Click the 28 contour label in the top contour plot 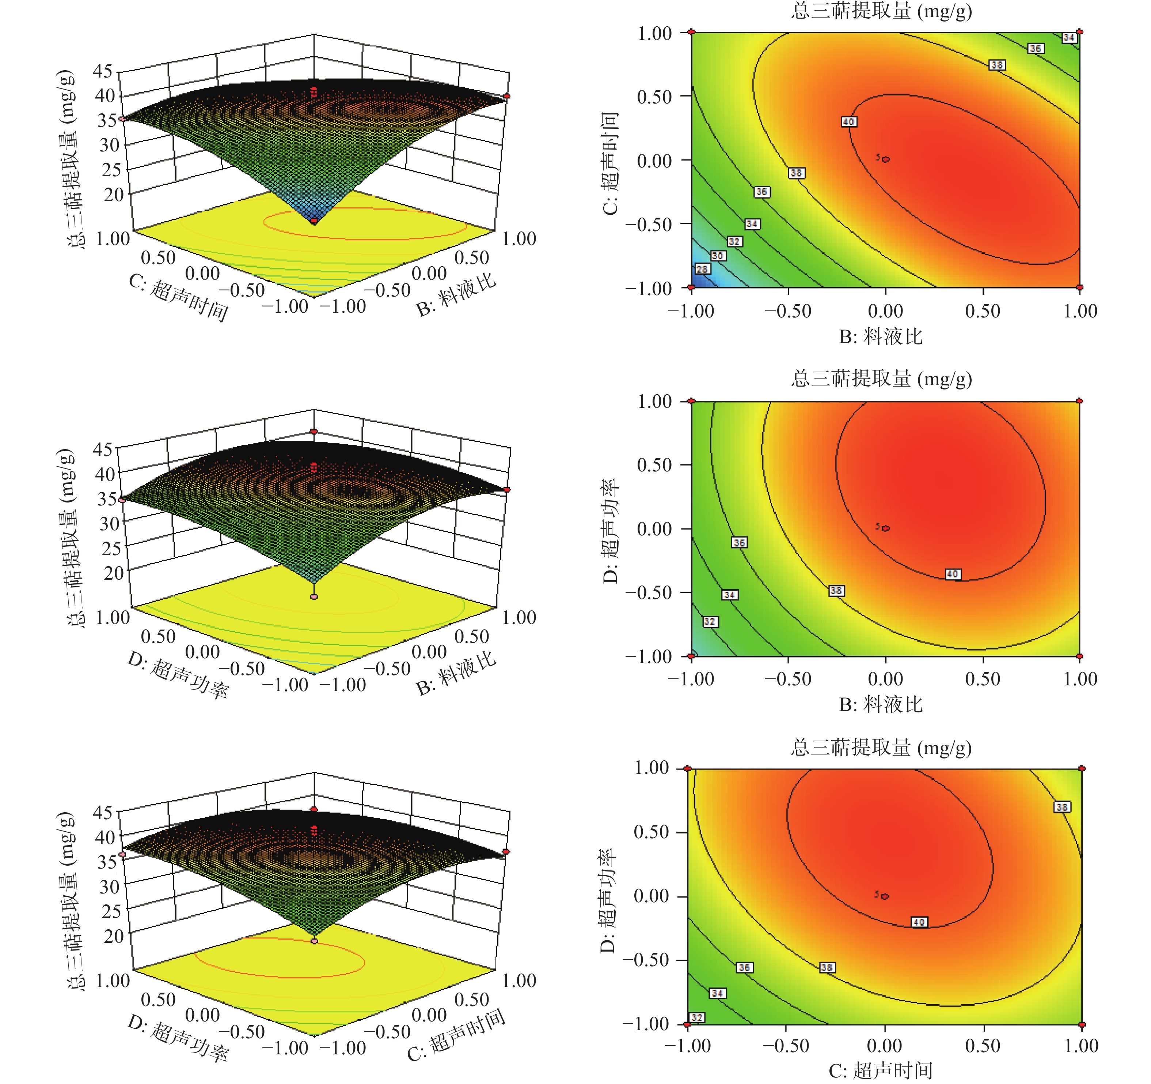point(702,269)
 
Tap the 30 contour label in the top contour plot point(718,256)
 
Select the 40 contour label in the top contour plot point(849,122)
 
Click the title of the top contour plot point(881,11)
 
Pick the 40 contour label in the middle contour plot point(953,574)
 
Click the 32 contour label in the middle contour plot point(710,622)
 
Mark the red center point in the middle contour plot point(886,528)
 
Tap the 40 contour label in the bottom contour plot point(919,922)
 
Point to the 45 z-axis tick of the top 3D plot point(103,71)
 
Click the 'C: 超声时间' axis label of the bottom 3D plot point(456,1035)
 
